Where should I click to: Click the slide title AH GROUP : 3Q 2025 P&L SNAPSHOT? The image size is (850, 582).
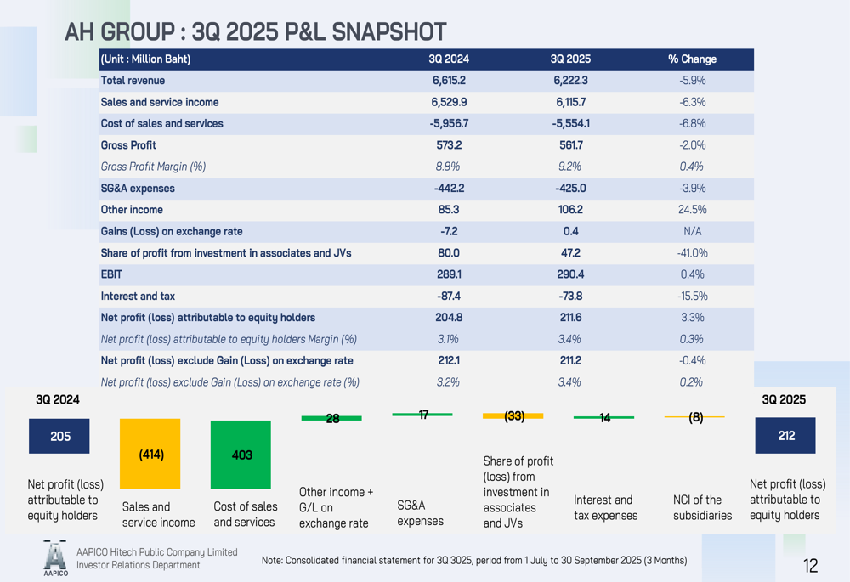(256, 31)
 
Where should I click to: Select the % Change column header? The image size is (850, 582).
(692, 59)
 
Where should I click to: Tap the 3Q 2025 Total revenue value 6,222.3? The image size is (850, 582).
(569, 81)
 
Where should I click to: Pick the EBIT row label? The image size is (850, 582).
(111, 274)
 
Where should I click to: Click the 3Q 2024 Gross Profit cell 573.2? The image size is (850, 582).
(448, 145)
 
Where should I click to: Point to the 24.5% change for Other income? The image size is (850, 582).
(692, 210)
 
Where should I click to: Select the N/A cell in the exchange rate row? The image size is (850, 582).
(692, 231)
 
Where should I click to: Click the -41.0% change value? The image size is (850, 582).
(692, 253)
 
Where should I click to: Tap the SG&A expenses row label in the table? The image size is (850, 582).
(138, 189)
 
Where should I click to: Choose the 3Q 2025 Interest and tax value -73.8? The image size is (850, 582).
(569, 296)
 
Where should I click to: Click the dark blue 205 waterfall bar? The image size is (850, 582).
(59, 436)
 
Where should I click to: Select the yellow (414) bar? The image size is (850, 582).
(150, 454)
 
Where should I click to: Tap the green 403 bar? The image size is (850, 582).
(241, 455)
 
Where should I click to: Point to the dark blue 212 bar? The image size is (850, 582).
(785, 435)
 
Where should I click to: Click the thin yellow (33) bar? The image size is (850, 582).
(513, 416)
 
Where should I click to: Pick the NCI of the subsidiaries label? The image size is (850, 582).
(702, 507)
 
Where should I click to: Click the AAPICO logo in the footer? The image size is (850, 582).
(54, 558)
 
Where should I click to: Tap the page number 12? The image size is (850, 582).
(810, 566)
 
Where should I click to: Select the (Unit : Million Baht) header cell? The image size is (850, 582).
(145, 59)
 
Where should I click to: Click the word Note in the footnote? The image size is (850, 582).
(272, 560)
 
